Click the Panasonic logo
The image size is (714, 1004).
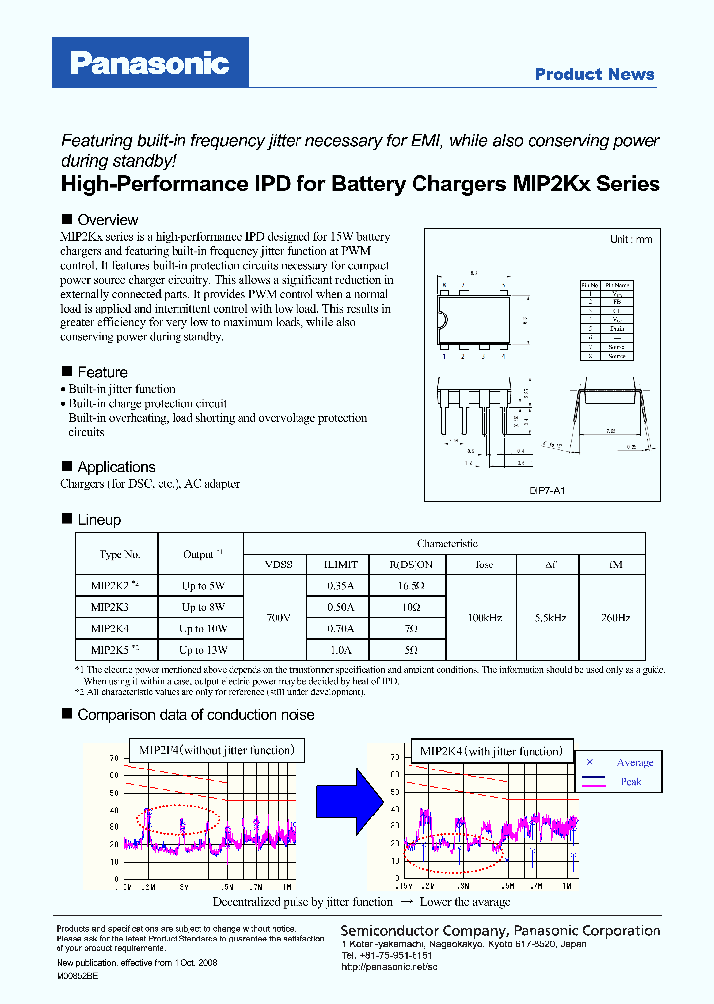coord(150,63)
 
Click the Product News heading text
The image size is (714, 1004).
coord(594,74)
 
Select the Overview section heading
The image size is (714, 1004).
coord(107,220)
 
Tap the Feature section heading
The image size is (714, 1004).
coord(102,372)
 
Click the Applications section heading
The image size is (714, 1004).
coord(116,467)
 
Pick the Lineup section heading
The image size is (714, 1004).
coord(99,520)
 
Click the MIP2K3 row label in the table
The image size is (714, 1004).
coord(109,606)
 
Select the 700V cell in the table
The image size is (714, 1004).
coord(278,617)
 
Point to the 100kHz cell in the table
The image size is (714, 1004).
coord(484,617)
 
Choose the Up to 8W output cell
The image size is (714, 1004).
coord(203,606)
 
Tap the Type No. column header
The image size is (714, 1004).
coord(120,554)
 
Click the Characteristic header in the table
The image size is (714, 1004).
coord(447,543)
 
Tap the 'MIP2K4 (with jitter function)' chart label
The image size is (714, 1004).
coord(491,751)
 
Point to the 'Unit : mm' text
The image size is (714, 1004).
coord(630,240)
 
